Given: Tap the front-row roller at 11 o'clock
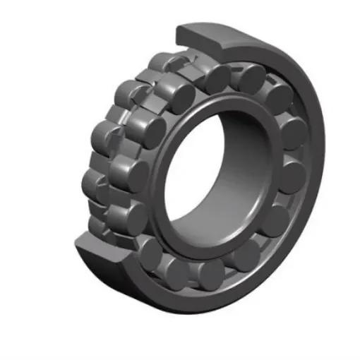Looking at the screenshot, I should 176,92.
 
